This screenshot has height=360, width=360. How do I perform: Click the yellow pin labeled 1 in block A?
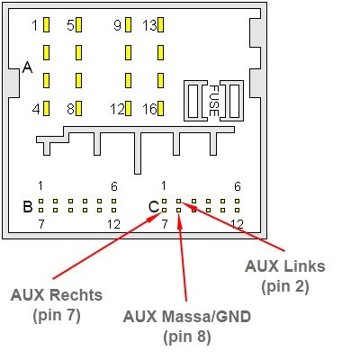pos(47,24)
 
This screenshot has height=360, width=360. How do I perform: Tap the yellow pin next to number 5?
pos(79,24)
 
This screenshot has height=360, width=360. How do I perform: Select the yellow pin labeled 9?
pos(128,24)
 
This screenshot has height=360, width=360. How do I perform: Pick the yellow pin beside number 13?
pos(160,24)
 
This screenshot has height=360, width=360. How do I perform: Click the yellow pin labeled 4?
pos(47,108)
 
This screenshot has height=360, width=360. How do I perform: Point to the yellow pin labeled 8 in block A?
pos(79,108)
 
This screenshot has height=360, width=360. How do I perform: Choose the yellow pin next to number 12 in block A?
pos(128,108)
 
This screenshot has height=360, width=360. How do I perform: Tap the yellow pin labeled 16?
pos(160,108)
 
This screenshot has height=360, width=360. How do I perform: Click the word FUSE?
pos(213,101)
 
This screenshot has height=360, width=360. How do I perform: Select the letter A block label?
pos(27,67)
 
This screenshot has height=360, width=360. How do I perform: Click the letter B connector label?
pos(28,206)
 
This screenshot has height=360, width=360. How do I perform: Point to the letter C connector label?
pos(154,207)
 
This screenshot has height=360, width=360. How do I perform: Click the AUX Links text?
pos(285,266)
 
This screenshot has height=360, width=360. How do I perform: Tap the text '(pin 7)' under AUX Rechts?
pos(57,316)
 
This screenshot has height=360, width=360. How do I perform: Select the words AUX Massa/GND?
pos(187,317)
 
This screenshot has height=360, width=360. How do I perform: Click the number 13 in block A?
pos(149,25)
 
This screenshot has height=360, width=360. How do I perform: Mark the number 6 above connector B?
pos(114,186)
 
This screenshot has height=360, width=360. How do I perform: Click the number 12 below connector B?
pos(113,224)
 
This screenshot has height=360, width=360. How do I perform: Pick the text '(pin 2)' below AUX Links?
pos(285,287)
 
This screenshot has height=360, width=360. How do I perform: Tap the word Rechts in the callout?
pos(76,295)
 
